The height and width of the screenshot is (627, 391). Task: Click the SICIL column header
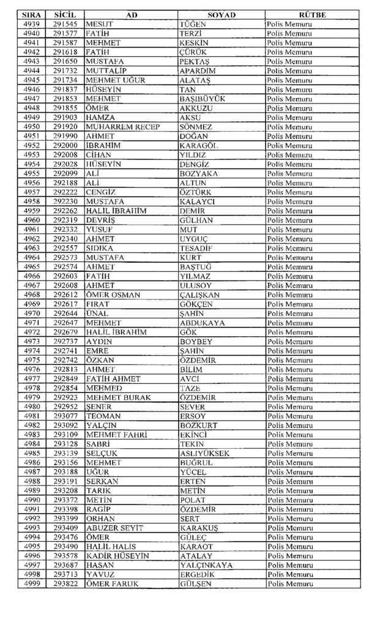tap(64, 15)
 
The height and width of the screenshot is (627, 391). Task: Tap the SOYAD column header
tap(222, 15)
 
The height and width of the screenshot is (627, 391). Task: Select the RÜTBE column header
tap(313, 15)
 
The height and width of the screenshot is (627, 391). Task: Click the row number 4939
tap(32, 24)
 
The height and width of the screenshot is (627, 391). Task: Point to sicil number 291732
tap(64, 71)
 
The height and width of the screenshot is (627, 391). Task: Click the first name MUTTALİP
tap(106, 71)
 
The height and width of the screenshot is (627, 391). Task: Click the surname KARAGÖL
tap(199, 146)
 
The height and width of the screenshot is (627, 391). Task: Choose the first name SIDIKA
tap(100, 248)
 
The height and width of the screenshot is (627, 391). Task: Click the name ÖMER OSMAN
tap(113, 295)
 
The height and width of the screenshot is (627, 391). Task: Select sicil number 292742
tap(64, 360)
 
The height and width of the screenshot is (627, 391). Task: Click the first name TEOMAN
tap(103, 416)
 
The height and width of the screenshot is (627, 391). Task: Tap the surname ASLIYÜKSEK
tap(204, 453)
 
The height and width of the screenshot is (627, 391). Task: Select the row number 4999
tap(32, 584)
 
